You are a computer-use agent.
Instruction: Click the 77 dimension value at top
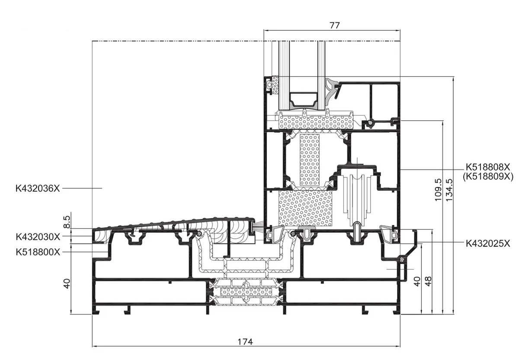pos(334,25)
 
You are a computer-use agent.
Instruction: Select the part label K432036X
pos(38,189)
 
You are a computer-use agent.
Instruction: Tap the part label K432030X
pos(38,237)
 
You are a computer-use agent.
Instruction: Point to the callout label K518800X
pos(38,252)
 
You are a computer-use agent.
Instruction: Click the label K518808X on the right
pos(488,167)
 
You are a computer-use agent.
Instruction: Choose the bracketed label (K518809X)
pos(488,177)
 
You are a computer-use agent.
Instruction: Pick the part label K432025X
pos(488,244)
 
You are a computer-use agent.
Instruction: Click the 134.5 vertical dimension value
pos(449,190)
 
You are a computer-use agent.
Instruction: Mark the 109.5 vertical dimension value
pos(438,190)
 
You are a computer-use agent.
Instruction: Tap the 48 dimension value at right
pos(428,281)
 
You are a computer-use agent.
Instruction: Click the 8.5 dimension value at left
pos(67,222)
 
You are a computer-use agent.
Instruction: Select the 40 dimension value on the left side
pos(67,284)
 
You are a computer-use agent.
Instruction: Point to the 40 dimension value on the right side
pos(417,281)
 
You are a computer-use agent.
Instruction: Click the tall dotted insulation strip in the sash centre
pos(310,160)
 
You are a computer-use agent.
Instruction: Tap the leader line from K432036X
pos(82,189)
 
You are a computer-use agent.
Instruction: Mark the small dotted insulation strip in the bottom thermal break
pos(246,292)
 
